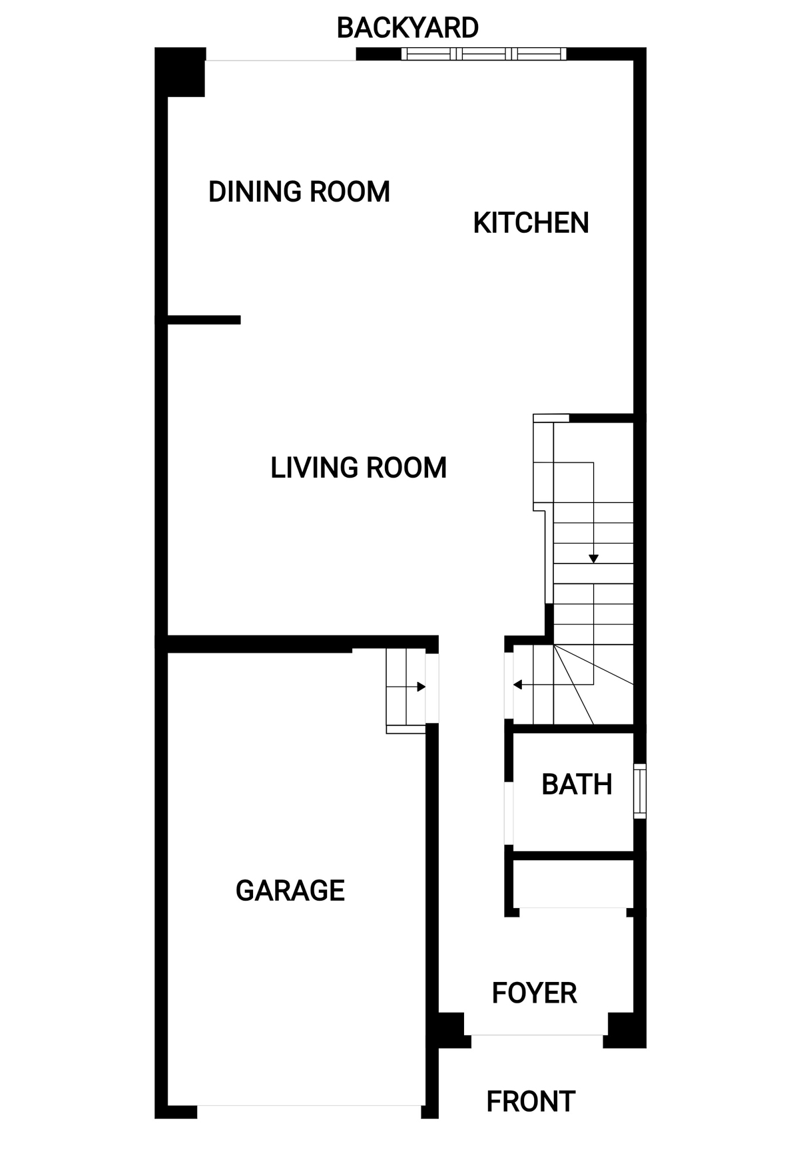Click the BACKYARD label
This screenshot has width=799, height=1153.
click(407, 28)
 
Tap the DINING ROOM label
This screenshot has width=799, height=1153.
click(299, 192)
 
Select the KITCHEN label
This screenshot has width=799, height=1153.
click(531, 223)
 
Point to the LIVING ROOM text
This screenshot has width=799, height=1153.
click(358, 468)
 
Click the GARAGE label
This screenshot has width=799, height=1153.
click(290, 890)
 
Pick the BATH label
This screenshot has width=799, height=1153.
click(577, 784)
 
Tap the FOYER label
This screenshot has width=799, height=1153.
click(534, 993)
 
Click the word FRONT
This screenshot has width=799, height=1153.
click(531, 1102)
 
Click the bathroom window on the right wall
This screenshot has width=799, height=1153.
click(639, 791)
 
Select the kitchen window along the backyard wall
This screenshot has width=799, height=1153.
click(484, 54)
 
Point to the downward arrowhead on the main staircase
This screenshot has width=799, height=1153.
click(593, 559)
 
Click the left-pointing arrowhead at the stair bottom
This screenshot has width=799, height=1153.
click(517, 685)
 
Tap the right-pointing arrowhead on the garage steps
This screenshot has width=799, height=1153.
click(421, 687)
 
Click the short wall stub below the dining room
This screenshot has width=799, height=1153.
click(204, 320)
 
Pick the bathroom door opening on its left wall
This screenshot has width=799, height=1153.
click(509, 813)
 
